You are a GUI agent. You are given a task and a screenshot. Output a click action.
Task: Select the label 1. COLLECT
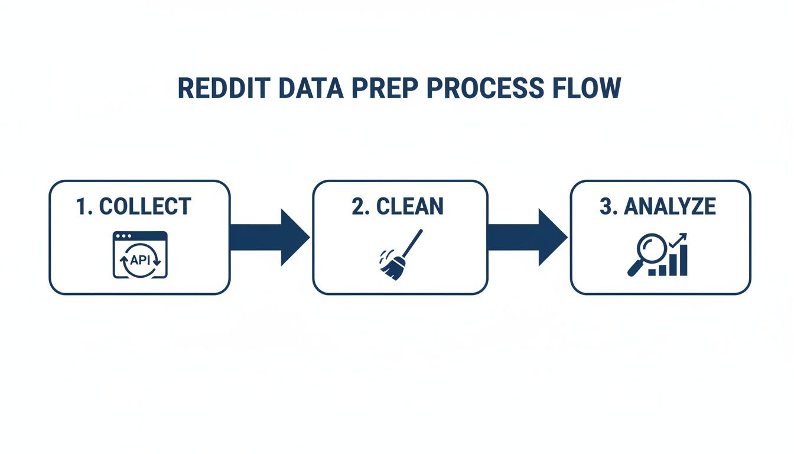click(x=134, y=206)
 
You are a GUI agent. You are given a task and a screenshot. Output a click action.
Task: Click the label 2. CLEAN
click(x=397, y=206)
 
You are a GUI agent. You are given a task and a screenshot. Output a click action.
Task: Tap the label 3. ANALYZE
click(x=658, y=206)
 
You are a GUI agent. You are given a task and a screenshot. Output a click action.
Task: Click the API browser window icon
click(x=140, y=254)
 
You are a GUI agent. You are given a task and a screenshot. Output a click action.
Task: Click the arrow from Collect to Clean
click(x=269, y=236)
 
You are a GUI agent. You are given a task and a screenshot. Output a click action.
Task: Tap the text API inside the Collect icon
click(x=140, y=258)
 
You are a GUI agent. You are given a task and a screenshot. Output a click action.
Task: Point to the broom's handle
click(x=412, y=242)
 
